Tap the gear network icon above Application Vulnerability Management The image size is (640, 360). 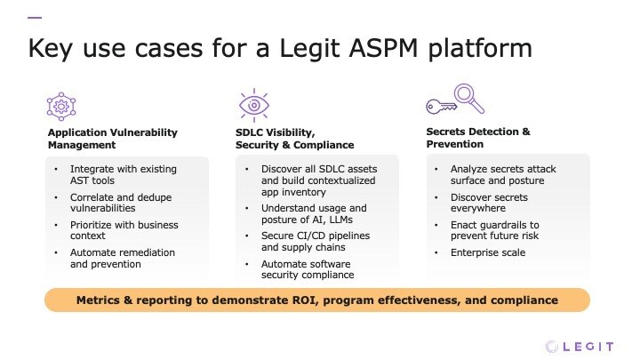[61, 106]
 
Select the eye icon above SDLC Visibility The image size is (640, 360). [253, 105]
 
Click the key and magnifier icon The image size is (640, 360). [454, 100]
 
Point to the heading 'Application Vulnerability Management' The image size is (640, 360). [112, 138]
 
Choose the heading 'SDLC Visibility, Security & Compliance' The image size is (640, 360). [288, 138]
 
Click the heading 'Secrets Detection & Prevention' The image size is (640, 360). [478, 138]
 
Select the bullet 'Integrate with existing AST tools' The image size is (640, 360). [112, 174]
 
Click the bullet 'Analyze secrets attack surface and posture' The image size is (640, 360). [502, 174]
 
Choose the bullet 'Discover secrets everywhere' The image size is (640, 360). [489, 203]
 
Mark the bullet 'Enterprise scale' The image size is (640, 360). [488, 253]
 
